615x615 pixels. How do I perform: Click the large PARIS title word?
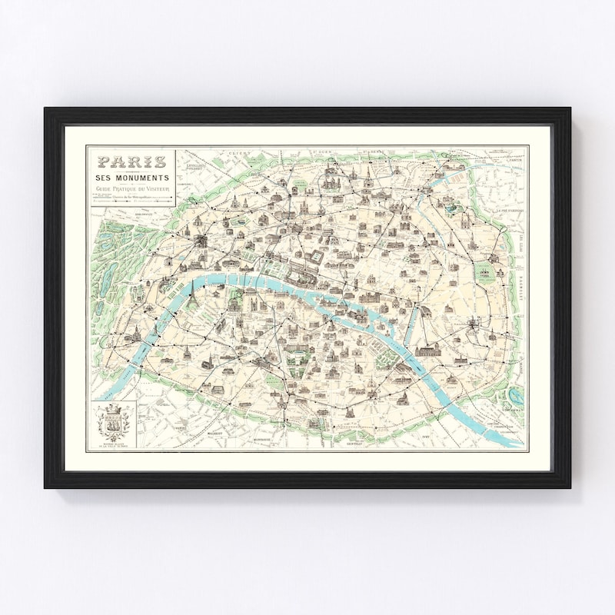[131, 161]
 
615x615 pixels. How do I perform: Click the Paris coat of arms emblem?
[113, 423]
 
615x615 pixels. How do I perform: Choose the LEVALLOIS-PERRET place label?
[198, 167]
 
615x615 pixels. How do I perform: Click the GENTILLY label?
[353, 444]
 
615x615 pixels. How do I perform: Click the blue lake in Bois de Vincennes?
[514, 393]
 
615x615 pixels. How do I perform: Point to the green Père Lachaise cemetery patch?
[485, 273]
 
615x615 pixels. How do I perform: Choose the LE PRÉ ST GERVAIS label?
[509, 208]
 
